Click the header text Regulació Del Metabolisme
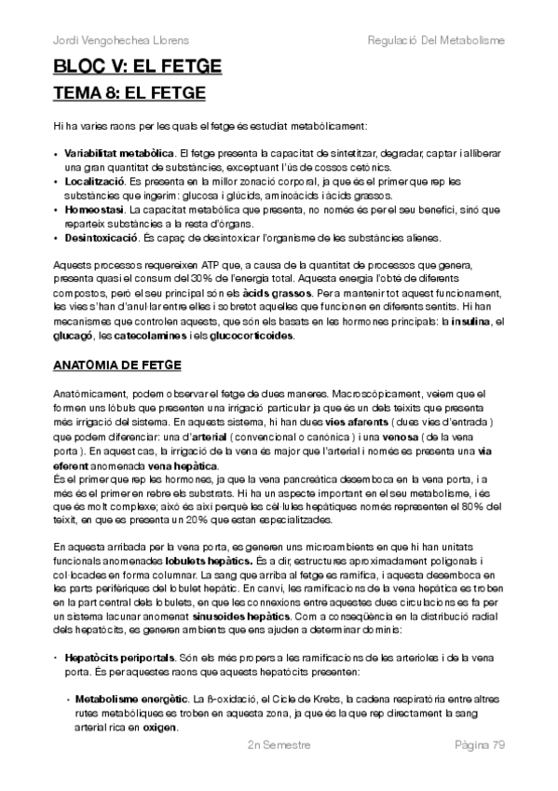[x=436, y=41]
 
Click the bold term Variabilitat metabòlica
[x=120, y=151]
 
